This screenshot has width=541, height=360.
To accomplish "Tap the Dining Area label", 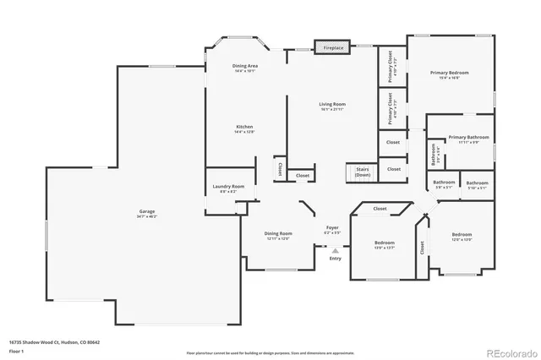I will pyautogui.click(x=245, y=68).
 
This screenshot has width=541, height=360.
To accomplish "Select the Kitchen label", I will pyautogui.click(x=244, y=128).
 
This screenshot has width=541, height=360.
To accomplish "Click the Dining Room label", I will pyautogui.click(x=279, y=235).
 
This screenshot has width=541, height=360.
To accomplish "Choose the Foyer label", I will pyautogui.click(x=333, y=228).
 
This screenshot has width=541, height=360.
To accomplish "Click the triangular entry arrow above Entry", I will pyautogui.click(x=336, y=250).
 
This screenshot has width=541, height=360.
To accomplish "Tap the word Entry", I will pyautogui.click(x=336, y=259).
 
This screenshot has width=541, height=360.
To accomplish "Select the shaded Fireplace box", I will pyautogui.click(x=333, y=48).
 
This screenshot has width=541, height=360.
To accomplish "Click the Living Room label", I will pyautogui.click(x=333, y=106).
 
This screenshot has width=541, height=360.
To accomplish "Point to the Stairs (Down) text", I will pyautogui.click(x=363, y=172).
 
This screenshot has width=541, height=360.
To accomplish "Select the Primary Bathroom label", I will pyautogui.click(x=468, y=139).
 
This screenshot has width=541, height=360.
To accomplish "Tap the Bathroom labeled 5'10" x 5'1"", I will pyautogui.click(x=477, y=184).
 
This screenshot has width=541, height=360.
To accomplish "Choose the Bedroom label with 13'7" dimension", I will pyautogui.click(x=385, y=245).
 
